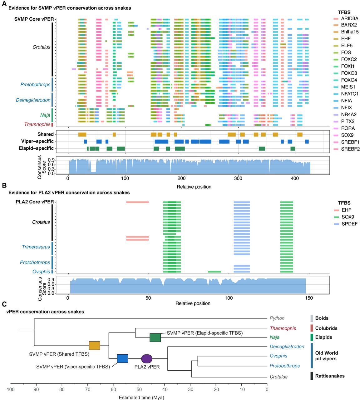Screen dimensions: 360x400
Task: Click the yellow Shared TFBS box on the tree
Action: (94, 346)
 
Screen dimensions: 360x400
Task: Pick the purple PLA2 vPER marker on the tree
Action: (147, 359)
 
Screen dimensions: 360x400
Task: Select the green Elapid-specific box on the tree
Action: (155, 337)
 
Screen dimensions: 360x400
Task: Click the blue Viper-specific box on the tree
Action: (122, 358)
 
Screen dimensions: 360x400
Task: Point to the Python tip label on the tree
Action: (277, 318)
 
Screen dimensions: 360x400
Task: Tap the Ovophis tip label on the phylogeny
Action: (278, 356)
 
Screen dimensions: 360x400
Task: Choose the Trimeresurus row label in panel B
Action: (36, 247)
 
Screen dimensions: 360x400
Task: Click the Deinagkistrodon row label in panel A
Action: (33, 100)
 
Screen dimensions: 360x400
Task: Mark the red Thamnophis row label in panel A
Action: (37, 124)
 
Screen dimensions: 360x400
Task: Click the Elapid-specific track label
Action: (36, 148)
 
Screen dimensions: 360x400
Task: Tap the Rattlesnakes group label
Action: (330, 376)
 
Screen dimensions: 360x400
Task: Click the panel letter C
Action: (4, 304)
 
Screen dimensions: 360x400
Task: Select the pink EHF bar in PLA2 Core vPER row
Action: (137, 202)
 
